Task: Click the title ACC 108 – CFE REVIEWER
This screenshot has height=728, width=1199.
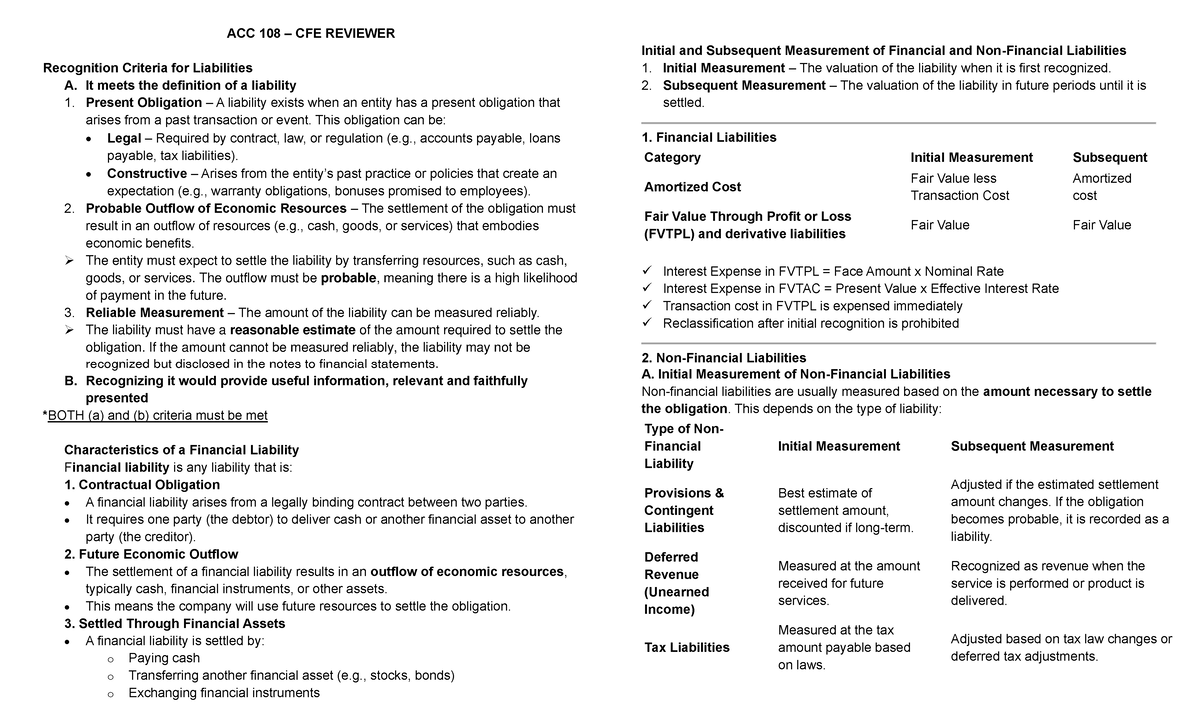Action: [x=311, y=33]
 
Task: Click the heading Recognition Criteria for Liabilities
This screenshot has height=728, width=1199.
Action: [x=146, y=68]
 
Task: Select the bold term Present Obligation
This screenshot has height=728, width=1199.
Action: [x=143, y=102]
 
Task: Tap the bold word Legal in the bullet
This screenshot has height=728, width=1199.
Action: [x=123, y=138]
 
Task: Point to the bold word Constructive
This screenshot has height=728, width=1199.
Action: [x=146, y=173]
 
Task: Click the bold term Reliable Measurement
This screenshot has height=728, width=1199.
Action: [x=154, y=312]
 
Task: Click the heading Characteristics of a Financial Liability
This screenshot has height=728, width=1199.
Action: [x=181, y=450]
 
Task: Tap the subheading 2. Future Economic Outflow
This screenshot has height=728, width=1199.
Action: [x=151, y=554]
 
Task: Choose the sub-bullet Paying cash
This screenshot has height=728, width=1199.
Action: [x=164, y=658]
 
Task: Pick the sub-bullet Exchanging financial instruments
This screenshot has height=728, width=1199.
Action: [x=224, y=692]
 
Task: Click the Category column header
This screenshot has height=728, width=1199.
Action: [x=672, y=157]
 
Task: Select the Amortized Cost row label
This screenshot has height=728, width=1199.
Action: [x=692, y=187]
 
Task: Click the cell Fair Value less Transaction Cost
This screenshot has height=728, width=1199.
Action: [x=959, y=187]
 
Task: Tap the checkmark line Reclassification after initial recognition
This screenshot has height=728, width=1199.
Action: [x=810, y=323]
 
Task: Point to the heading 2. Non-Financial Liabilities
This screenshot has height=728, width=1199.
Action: [x=723, y=357]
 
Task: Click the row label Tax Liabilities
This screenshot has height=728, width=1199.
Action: [x=686, y=647]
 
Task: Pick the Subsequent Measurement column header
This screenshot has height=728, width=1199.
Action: [x=1032, y=446]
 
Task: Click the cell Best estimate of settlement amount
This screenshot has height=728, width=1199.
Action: [x=845, y=510]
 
